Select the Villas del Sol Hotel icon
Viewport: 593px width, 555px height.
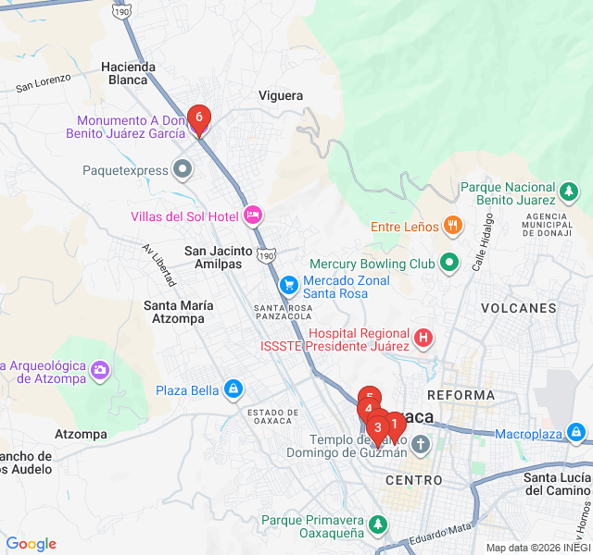pyautogui.click(x=253, y=216)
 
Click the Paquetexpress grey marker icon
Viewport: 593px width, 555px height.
pyautogui.click(x=183, y=169)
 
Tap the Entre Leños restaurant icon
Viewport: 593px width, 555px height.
pyautogui.click(x=452, y=225)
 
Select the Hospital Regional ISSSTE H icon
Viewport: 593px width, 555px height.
pyautogui.click(x=423, y=339)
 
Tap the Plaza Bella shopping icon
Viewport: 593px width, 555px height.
pyautogui.click(x=233, y=389)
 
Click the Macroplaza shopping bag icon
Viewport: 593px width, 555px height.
pyautogui.click(x=576, y=432)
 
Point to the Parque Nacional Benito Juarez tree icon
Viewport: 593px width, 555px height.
pyautogui.click(x=568, y=192)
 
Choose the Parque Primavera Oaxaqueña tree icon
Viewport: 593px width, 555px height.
pyautogui.click(x=377, y=525)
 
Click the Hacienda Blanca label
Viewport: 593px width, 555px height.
pyautogui.click(x=126, y=73)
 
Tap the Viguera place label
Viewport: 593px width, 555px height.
pyautogui.click(x=281, y=95)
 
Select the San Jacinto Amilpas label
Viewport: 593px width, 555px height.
pyautogui.click(x=219, y=257)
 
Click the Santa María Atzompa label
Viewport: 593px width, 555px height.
pyautogui.click(x=179, y=312)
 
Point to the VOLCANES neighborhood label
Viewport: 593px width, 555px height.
pyautogui.click(x=518, y=308)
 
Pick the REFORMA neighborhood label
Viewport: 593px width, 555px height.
pyautogui.click(x=467, y=395)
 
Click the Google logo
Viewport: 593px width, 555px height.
pyautogui.click(x=31, y=544)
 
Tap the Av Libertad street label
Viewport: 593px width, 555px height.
pyautogui.click(x=158, y=265)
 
